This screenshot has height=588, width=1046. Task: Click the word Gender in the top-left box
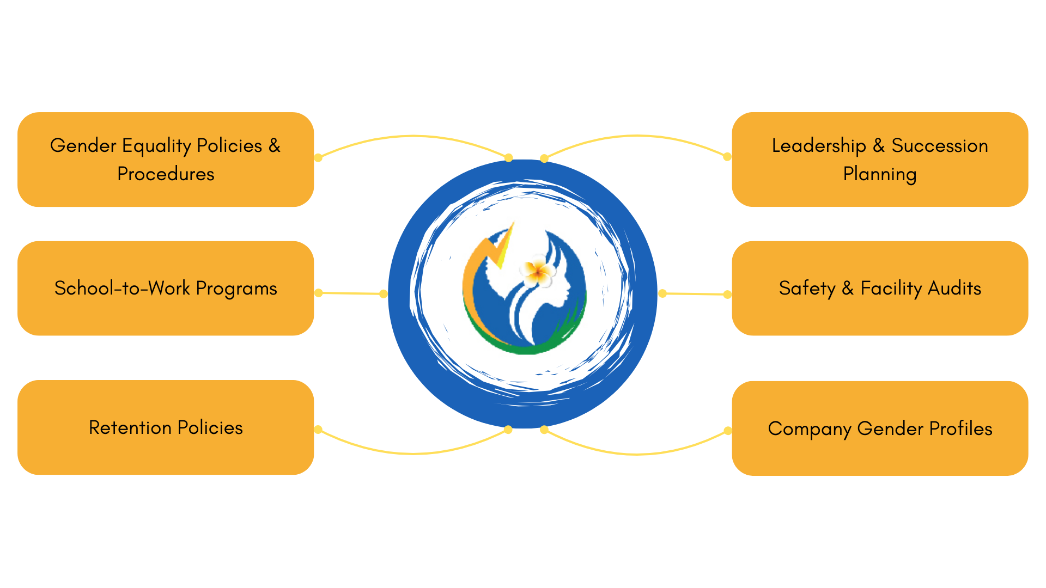[x=83, y=146]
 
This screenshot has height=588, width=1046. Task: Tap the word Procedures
[x=166, y=174]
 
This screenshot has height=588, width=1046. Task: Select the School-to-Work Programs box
[x=166, y=288]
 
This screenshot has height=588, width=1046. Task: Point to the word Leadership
[x=818, y=146]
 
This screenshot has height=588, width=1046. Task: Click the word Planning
[x=879, y=174]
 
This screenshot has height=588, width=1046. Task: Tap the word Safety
[x=807, y=288]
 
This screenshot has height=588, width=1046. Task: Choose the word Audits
[x=954, y=288]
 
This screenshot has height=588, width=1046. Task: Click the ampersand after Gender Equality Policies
[x=274, y=146]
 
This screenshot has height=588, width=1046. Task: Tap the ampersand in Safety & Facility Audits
[x=847, y=288]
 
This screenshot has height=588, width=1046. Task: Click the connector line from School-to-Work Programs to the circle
[x=351, y=293]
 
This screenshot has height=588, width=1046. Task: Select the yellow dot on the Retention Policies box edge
[x=318, y=430]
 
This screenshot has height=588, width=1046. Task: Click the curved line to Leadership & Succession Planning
[x=637, y=136]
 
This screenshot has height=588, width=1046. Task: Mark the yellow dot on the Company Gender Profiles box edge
[x=727, y=431]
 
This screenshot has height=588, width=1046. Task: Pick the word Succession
[x=939, y=146]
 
